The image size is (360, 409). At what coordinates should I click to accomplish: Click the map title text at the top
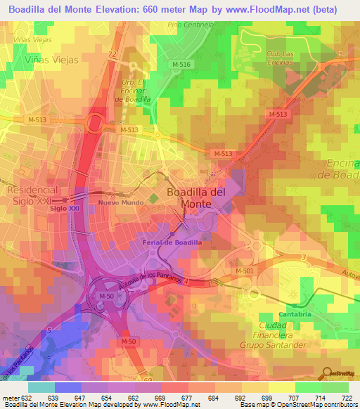tap(173, 9)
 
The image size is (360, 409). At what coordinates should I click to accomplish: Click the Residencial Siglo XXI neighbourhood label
tap(30, 195)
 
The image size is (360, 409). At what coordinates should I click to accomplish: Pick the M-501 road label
tap(244, 271)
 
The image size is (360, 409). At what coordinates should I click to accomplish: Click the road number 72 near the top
tap(112, 54)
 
